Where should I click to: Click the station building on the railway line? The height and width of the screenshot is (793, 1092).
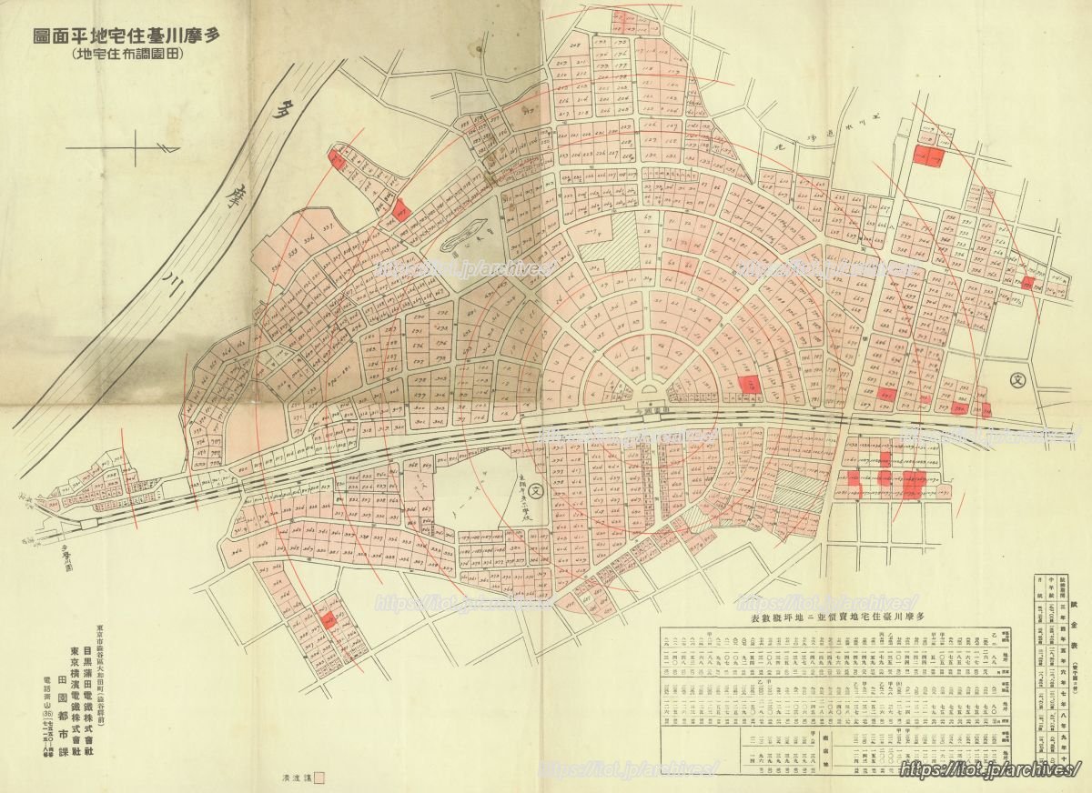click(x=651, y=392)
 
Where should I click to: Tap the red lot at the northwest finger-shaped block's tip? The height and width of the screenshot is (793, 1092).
click(x=336, y=160)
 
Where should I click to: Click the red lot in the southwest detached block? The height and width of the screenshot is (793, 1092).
click(x=326, y=620)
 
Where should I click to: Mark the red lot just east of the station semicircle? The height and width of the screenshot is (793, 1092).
click(x=747, y=386)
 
